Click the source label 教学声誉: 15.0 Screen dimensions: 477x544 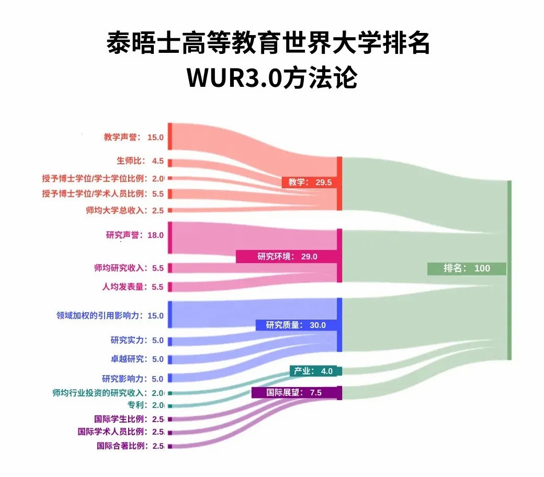pos(133,138)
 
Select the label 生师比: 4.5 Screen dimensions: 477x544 pos(140,161)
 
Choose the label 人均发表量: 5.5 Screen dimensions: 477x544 pos(132,287)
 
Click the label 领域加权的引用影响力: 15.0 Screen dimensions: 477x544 pos(110,316)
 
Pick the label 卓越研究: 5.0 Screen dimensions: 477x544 pos(137,359)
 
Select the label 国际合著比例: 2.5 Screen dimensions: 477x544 pos(130,446)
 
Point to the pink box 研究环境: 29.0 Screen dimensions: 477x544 pos(287,256)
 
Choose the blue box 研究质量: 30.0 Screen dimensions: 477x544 pos(296,325)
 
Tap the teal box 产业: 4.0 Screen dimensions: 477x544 pos(313,371)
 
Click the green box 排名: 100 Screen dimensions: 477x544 pos(467,268)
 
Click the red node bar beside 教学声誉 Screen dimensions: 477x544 pos(170,137)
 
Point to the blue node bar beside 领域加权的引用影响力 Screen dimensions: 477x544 pos(170,314)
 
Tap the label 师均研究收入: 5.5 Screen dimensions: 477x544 pos(129,268)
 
